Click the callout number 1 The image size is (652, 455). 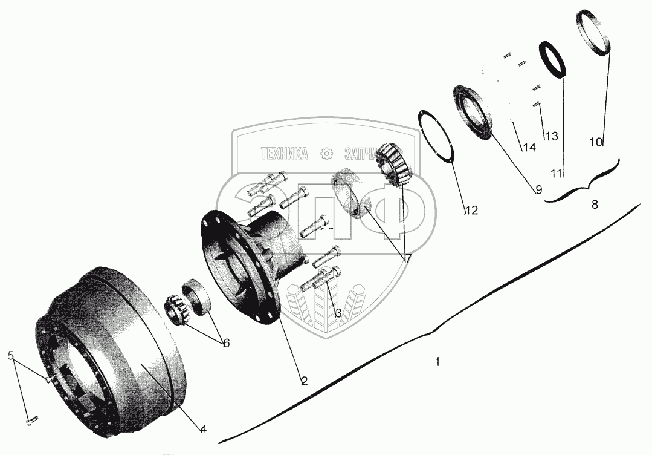tap(437, 362)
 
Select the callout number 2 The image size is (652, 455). tap(304, 381)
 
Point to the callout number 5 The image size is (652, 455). tap(11, 355)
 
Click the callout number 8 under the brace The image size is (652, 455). tap(595, 205)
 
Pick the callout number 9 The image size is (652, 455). tap(538, 189)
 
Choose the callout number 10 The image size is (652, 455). tap(595, 142)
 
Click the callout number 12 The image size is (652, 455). tap(471, 211)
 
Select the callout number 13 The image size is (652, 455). tap(551, 137)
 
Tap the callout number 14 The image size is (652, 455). tap(529, 147)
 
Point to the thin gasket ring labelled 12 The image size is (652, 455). tap(436, 136)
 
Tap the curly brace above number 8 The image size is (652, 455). tap(581, 182)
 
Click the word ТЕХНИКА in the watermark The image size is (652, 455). tap(284, 154)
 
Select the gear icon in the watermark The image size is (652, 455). tap(326, 154)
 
